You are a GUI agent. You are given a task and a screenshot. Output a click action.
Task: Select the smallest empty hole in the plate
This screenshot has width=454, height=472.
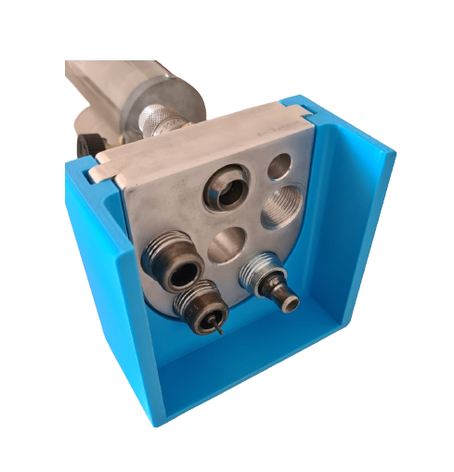point(279,168)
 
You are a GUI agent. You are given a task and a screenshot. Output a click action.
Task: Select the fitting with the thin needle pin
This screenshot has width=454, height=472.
point(202,307)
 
